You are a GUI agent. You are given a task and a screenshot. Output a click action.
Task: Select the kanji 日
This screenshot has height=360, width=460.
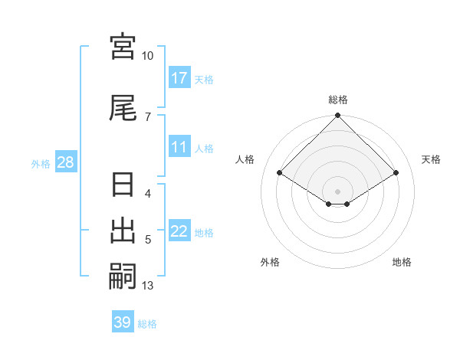[x=123, y=186]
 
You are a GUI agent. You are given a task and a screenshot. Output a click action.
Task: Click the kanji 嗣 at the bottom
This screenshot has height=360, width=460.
[x=123, y=275]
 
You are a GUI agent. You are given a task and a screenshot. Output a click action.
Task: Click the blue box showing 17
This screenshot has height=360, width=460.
[x=179, y=78]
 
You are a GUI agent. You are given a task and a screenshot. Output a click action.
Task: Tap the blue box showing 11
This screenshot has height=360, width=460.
[x=179, y=148]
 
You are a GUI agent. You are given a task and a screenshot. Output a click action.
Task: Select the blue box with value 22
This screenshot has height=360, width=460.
[x=179, y=232]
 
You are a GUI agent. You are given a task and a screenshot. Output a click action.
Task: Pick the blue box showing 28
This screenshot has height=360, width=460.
[x=65, y=163]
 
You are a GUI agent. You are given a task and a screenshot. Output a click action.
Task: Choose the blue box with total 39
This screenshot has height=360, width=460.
[x=123, y=322]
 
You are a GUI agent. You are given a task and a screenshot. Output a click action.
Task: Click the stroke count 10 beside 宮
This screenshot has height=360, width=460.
[x=148, y=56]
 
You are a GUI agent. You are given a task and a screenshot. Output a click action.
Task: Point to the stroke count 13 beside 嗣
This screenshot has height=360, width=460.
[x=148, y=286]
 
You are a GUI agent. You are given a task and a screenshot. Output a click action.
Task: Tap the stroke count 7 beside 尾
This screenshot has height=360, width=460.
[x=148, y=116]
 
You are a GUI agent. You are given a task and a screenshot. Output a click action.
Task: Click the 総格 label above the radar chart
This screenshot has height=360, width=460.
[x=338, y=100]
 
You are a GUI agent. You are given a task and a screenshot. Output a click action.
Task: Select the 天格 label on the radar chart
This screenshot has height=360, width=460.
[x=431, y=159]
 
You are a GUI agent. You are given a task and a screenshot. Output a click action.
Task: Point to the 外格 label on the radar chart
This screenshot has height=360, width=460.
[x=270, y=262]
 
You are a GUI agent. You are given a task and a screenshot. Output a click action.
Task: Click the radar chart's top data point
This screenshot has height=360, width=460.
[x=338, y=116]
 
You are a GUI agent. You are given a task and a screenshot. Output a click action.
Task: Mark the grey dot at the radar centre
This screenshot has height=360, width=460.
[x=338, y=191]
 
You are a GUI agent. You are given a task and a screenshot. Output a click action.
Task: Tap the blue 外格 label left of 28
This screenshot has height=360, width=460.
[x=41, y=164]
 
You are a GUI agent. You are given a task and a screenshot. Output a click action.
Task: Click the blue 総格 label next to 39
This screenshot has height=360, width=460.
[x=147, y=324]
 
